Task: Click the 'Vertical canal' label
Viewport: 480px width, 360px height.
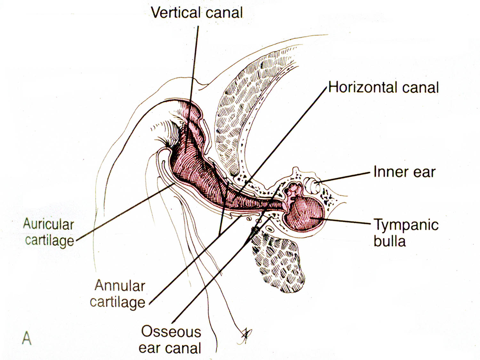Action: click(x=197, y=13)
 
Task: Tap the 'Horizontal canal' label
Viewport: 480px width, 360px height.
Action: click(x=383, y=87)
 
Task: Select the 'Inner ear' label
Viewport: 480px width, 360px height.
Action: click(x=404, y=172)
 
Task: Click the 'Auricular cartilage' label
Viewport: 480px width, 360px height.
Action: click(x=49, y=232)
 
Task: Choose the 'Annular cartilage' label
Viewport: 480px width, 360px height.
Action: click(x=118, y=294)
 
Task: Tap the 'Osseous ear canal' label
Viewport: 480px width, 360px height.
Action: click(x=170, y=340)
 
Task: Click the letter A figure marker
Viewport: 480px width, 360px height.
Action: click(x=27, y=338)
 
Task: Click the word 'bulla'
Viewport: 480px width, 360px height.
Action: click(x=389, y=241)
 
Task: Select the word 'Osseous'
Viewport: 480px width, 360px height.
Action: click(x=171, y=332)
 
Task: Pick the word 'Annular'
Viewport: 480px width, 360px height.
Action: click(x=120, y=286)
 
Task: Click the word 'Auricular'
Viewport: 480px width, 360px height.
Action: click(x=49, y=224)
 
